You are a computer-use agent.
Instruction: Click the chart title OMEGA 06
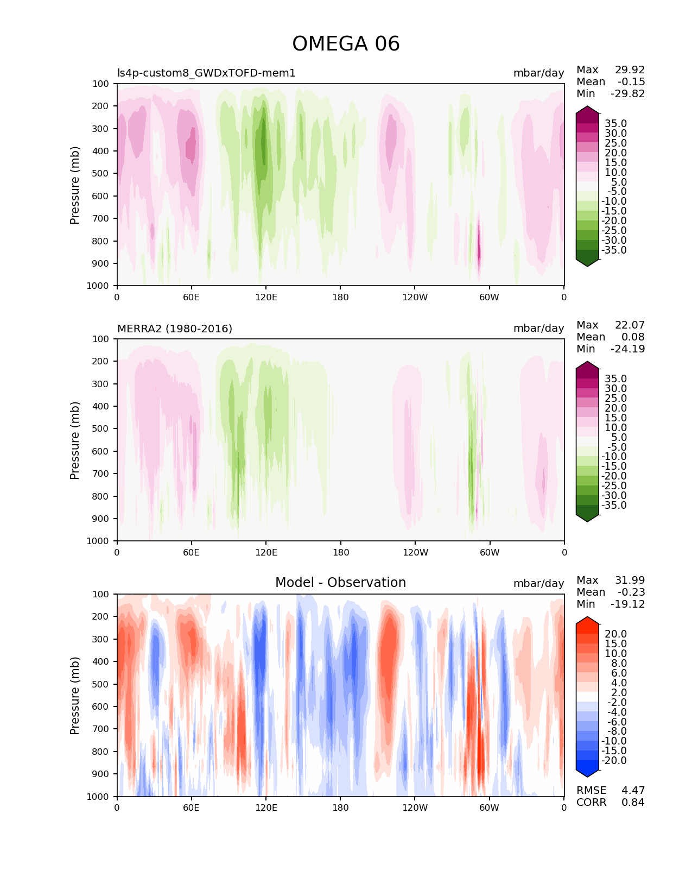pos(346,44)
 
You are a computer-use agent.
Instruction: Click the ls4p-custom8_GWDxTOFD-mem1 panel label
pos(206,73)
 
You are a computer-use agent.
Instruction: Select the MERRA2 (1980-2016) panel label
pos(175,329)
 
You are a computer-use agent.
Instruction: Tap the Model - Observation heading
pos(340,583)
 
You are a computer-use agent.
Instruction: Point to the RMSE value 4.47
pos(633,790)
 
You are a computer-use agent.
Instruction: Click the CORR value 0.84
pos(633,803)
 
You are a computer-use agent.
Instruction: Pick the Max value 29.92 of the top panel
pos(630,70)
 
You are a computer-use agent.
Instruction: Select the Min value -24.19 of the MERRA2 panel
pos(628,349)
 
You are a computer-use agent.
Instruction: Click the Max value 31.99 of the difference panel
pos(630,580)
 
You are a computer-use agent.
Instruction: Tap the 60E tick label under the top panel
pos(191,297)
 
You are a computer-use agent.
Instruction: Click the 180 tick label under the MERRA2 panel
pos(340,552)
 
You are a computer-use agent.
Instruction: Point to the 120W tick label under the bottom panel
pos(415,807)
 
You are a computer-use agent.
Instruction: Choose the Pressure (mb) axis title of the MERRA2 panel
pos(75,440)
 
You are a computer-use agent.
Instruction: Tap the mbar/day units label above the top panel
pos(538,73)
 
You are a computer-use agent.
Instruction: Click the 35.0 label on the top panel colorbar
pos(615,124)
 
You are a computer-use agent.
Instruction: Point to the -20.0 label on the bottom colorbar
pos(614,761)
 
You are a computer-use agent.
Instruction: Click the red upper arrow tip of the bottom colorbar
pos(587,620)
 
